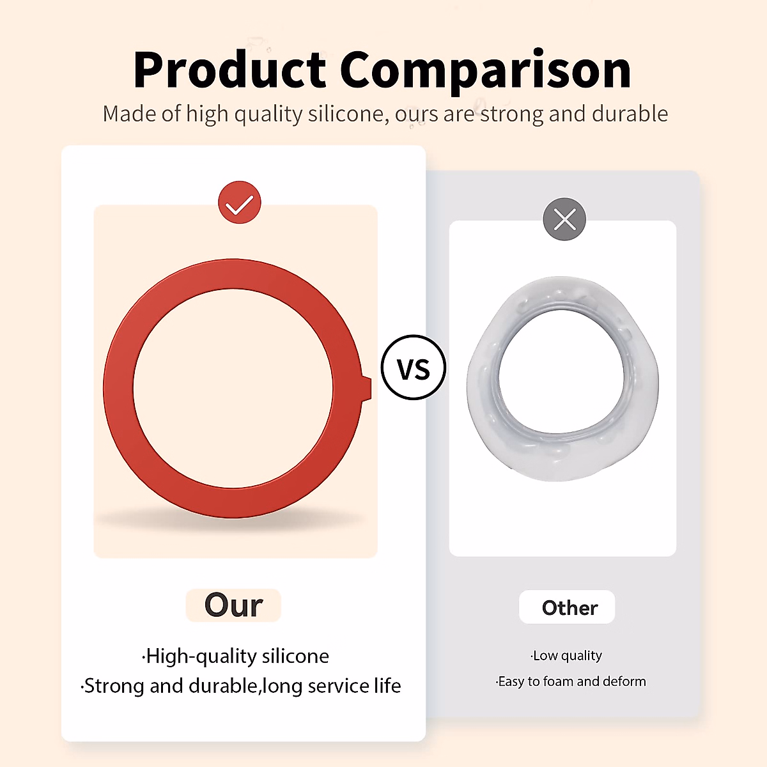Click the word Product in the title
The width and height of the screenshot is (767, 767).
coord(230,70)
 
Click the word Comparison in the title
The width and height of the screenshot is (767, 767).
coord(486,72)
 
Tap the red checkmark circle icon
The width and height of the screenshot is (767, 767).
coord(240,203)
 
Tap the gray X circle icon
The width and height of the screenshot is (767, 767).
coord(564,219)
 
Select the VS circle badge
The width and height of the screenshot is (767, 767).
coord(414,368)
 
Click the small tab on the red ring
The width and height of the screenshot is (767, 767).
coord(367,388)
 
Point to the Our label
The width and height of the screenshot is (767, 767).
coord(234,605)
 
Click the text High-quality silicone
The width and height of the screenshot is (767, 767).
coord(236,656)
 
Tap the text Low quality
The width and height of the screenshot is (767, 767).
coord(566,656)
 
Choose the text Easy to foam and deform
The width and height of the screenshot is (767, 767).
coord(571,681)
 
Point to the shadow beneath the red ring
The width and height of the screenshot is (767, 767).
coord(231,520)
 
